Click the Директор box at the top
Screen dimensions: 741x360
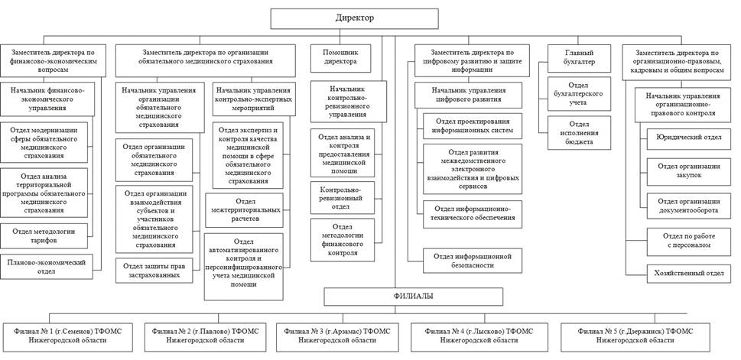coord(354,18)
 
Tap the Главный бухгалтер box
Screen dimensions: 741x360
coord(579,58)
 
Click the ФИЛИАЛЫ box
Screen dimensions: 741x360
coord(413,297)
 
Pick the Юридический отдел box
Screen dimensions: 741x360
coord(688,138)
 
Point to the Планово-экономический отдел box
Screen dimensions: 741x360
coord(47,267)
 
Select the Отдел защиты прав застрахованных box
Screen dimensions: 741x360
coord(154,271)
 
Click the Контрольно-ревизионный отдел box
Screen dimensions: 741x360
coord(342,197)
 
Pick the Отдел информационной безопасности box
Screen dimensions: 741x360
coord(473,261)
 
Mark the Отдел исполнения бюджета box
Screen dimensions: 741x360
coord(579,133)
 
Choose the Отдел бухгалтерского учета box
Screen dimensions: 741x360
coord(579,94)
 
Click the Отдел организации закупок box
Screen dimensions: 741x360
coord(688,170)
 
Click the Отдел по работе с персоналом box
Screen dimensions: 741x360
coord(688,240)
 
